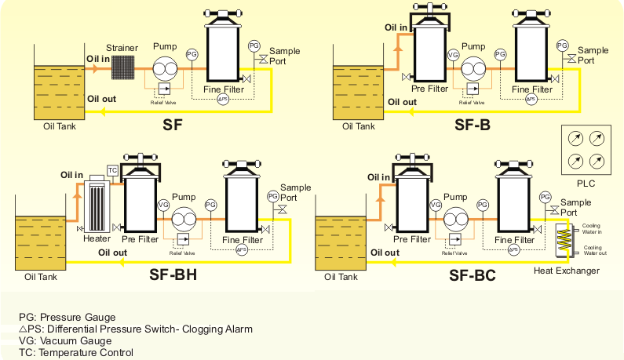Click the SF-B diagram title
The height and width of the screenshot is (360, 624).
(x=473, y=124)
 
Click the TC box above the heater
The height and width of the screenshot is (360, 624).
(x=112, y=171)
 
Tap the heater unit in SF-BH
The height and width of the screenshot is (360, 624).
(x=97, y=206)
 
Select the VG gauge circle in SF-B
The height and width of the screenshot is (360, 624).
(x=453, y=55)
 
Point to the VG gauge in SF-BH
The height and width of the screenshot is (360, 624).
(x=163, y=205)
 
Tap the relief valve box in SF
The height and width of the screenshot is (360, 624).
(x=164, y=89)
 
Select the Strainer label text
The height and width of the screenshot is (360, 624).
(x=122, y=48)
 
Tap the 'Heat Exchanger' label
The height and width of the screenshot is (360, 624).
(x=567, y=271)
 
